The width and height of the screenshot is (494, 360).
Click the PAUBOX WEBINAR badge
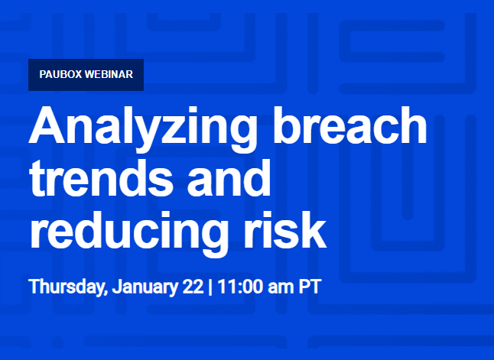[86, 75]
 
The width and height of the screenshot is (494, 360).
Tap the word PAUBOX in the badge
[63, 75]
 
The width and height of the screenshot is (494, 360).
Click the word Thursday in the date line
[67, 288]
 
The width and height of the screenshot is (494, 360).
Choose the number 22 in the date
[193, 288]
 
